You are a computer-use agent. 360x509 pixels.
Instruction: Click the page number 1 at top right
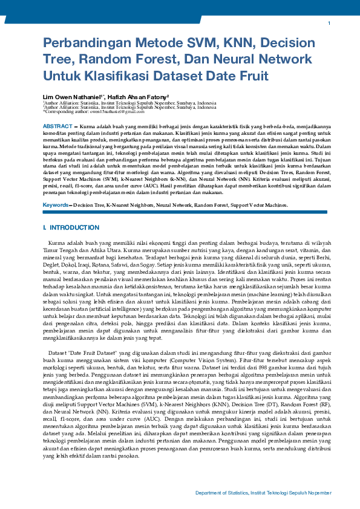coord(329,23)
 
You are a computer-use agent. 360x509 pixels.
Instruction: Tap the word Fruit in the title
coord(250,77)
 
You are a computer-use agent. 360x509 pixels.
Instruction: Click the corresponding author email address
coord(113,112)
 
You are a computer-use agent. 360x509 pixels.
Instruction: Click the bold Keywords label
coord(56,205)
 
